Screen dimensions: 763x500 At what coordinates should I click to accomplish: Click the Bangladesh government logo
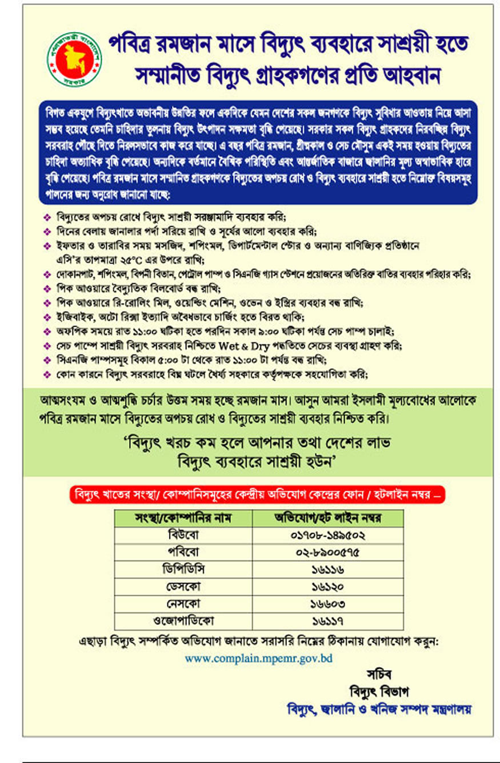(74, 59)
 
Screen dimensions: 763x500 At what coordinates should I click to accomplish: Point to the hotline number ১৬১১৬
(328, 570)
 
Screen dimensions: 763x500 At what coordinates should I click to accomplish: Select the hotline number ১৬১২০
(328, 587)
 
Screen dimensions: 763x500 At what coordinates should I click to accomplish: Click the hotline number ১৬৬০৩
(328, 603)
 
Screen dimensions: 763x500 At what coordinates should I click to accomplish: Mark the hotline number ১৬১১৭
(328, 620)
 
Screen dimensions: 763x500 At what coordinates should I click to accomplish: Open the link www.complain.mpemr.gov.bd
(258, 658)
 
